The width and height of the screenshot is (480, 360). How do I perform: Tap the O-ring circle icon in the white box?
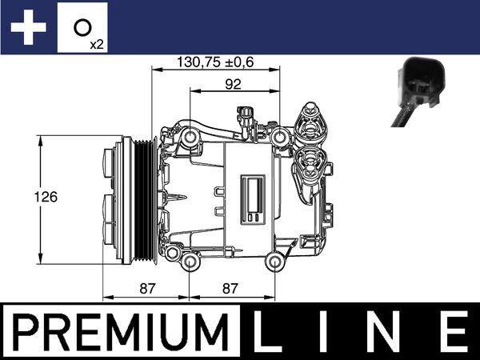point(81,26)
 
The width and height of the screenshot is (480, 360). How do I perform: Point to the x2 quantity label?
point(96,45)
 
